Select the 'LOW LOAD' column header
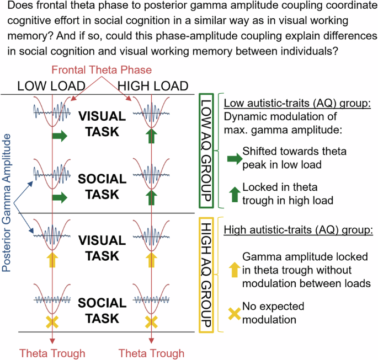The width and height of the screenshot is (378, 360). (50, 86)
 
